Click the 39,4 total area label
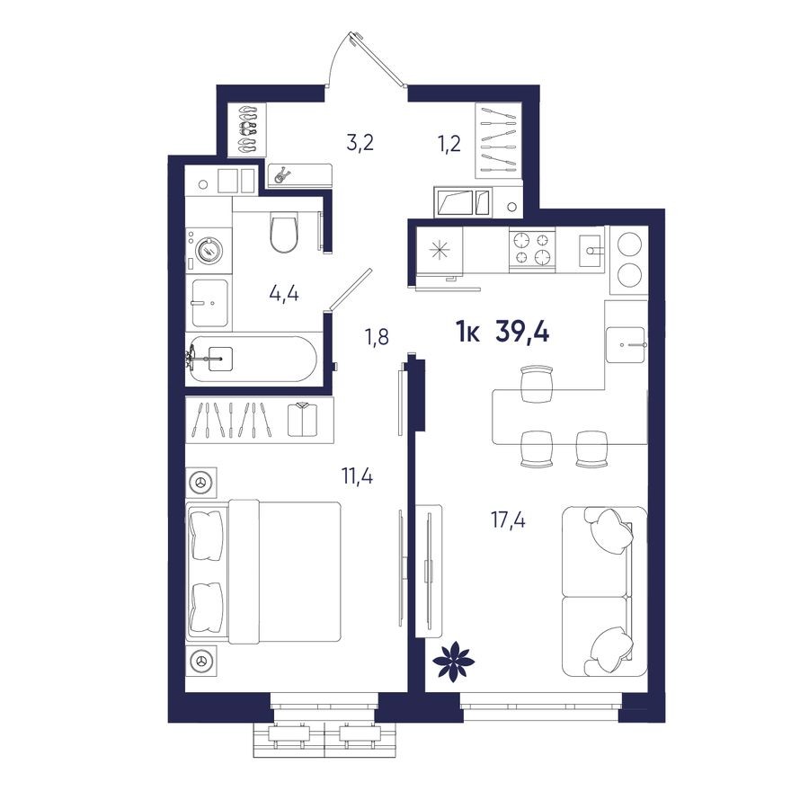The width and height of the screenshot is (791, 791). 522,333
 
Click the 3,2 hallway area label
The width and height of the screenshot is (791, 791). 361,141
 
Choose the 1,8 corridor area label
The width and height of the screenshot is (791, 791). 378,338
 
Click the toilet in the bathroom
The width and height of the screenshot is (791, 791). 284,233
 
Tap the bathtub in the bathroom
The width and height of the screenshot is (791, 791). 251,360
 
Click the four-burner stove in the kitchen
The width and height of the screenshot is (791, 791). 532,249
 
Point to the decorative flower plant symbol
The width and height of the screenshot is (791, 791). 453,662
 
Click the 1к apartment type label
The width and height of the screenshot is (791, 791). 467,333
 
